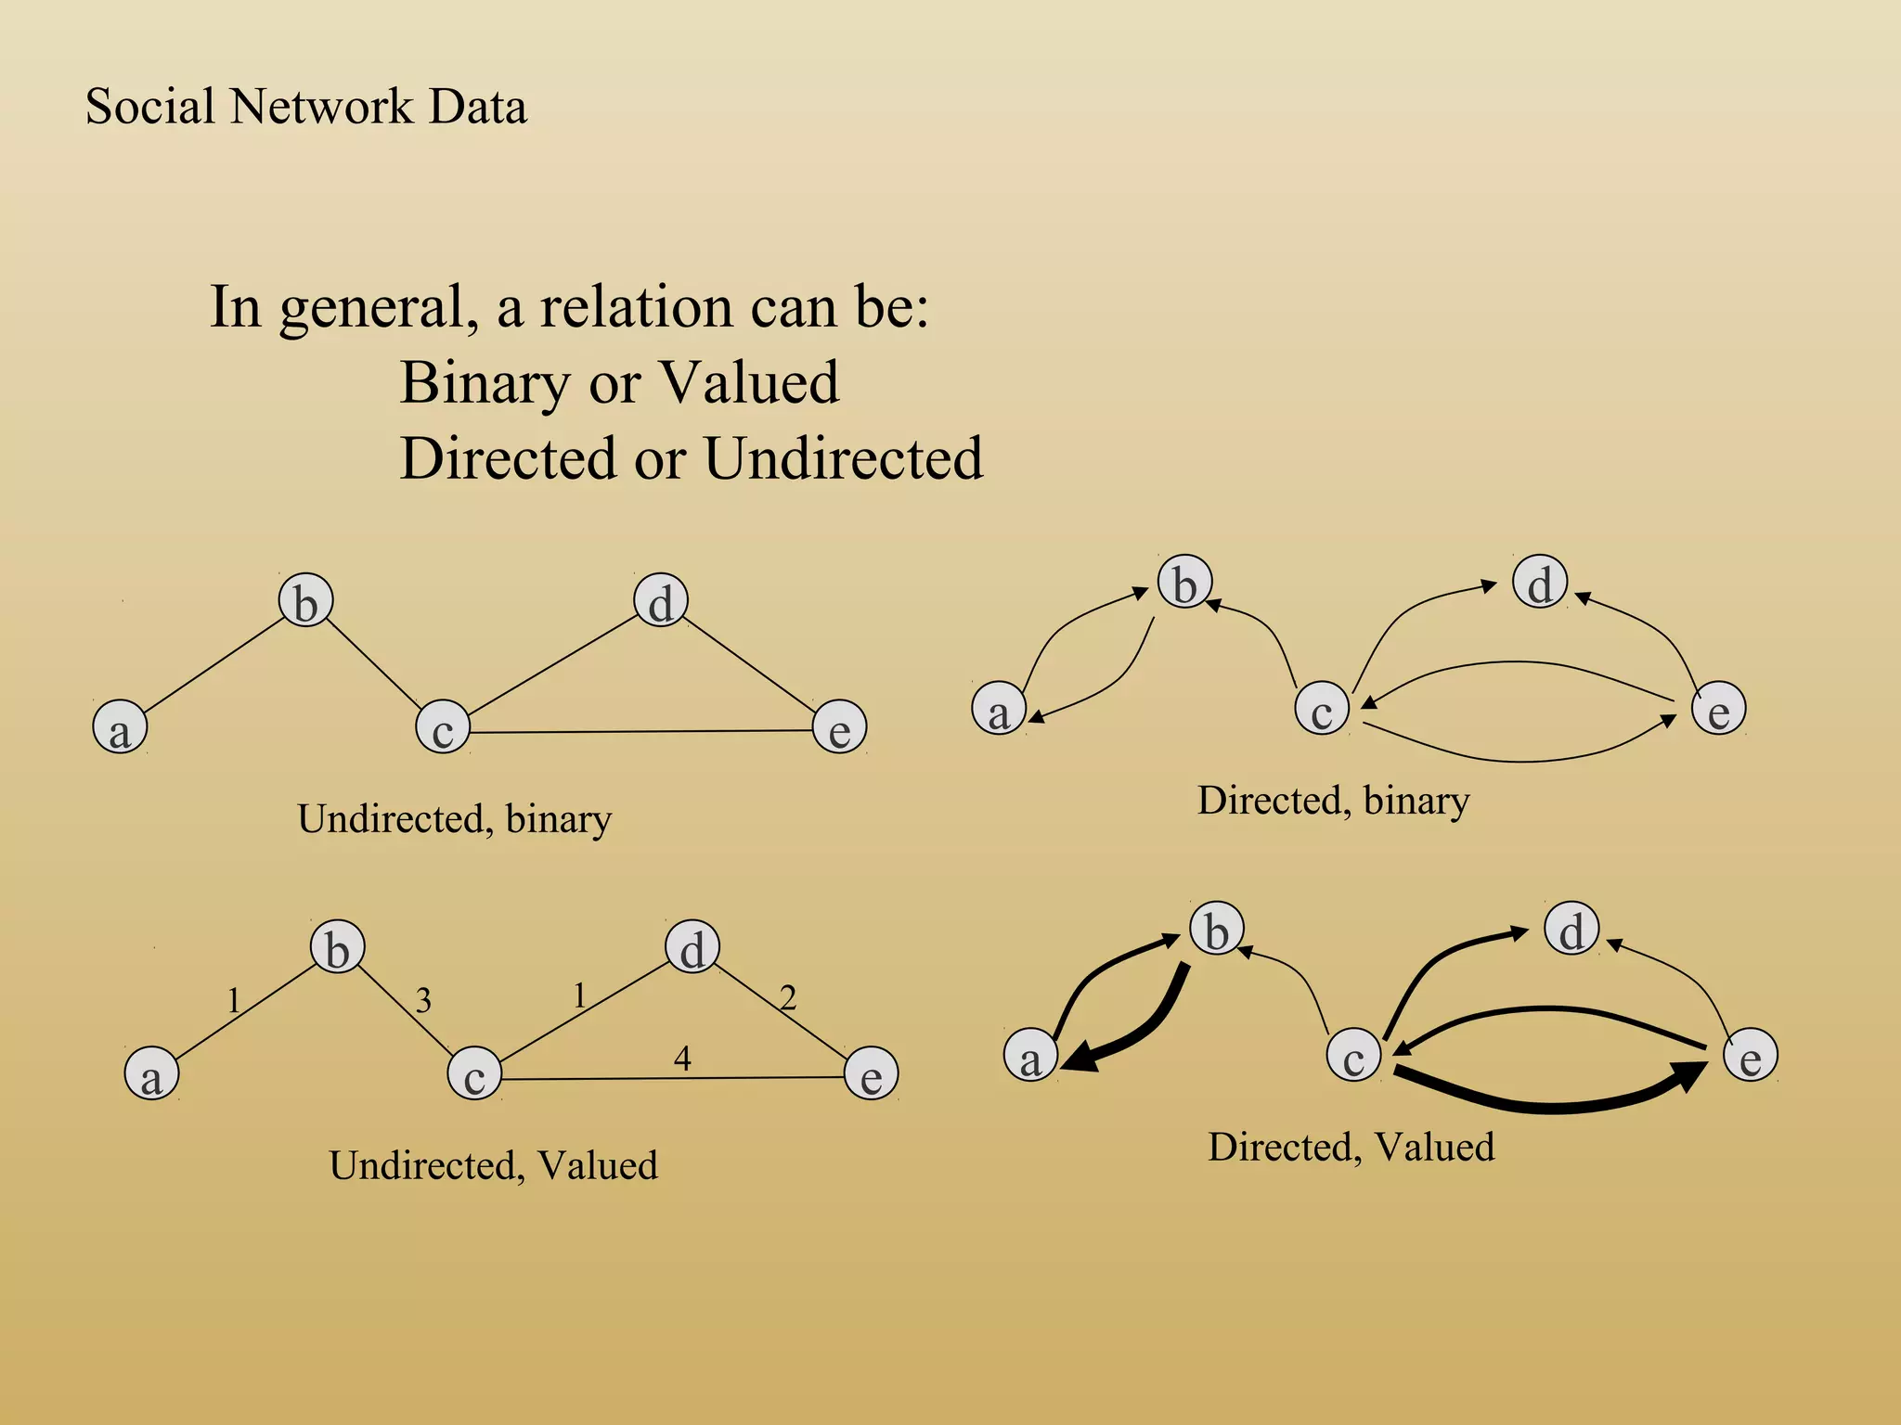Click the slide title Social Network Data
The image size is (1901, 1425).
[305, 107]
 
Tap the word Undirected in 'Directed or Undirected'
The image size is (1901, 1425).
[843, 458]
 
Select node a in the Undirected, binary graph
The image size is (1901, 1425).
[120, 726]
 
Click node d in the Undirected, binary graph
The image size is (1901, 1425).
[660, 600]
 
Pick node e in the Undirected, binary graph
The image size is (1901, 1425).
[839, 726]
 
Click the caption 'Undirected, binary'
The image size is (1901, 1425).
[454, 819]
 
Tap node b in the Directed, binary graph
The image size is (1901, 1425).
[1184, 582]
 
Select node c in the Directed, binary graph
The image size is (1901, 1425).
[1321, 708]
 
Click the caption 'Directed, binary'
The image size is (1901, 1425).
[1333, 801]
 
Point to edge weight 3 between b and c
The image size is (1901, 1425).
[423, 1000]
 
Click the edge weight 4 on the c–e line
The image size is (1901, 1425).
[682, 1059]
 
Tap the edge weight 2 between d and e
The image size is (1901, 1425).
[788, 998]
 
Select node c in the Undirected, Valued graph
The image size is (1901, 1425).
[474, 1073]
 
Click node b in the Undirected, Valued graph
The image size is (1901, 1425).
[337, 947]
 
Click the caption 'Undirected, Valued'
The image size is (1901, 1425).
[493, 1166]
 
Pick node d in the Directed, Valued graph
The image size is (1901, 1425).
[1571, 929]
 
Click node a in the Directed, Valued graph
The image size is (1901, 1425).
[1030, 1056]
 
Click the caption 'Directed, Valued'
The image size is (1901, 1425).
[1351, 1148]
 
